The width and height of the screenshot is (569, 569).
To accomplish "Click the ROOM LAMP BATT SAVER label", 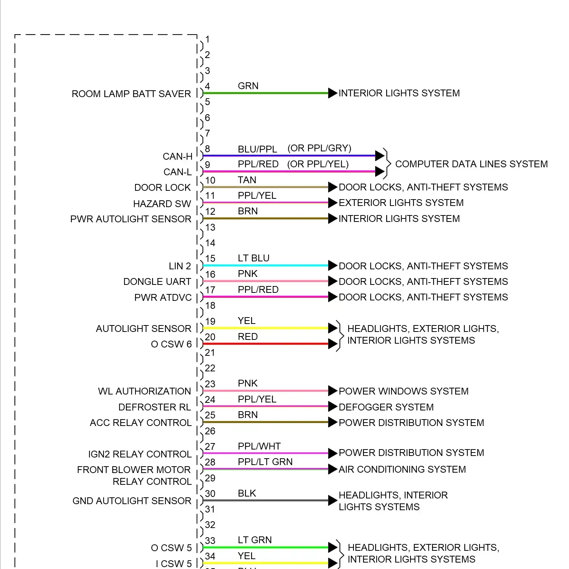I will (x=131, y=94).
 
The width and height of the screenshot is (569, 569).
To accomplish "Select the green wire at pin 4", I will (x=266, y=93).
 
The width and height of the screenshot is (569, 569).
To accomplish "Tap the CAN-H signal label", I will (x=178, y=156).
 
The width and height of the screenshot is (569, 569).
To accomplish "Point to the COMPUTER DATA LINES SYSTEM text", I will (x=472, y=164).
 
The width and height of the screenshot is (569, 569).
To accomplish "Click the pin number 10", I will (x=210, y=180).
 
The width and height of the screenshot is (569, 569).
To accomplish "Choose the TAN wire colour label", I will (x=247, y=180).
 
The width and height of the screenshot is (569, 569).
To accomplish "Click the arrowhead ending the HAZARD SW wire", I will (x=333, y=203).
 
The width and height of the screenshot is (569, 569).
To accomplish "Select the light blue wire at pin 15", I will (x=266, y=266).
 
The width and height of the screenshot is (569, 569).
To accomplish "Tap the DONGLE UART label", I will (x=157, y=281).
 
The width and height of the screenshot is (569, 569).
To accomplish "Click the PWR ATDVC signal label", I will (x=163, y=297).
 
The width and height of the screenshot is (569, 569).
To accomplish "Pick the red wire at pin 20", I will (x=266, y=344).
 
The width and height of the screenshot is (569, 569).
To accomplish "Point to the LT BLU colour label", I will (x=253, y=258).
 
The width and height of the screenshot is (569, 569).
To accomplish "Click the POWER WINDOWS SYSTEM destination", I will (x=404, y=391).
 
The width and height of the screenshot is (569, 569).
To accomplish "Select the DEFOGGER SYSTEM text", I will (x=386, y=407).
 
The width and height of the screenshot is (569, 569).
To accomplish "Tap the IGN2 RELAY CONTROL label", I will (x=140, y=454).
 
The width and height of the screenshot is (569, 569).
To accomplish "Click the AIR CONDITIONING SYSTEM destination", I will (x=402, y=469).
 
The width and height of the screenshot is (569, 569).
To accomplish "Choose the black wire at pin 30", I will (x=266, y=500).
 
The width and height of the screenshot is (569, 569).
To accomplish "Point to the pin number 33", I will (x=210, y=541).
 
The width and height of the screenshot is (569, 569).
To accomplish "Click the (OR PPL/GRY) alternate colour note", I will (x=319, y=148).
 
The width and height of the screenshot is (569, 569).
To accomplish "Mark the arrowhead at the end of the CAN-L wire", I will (x=380, y=171).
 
